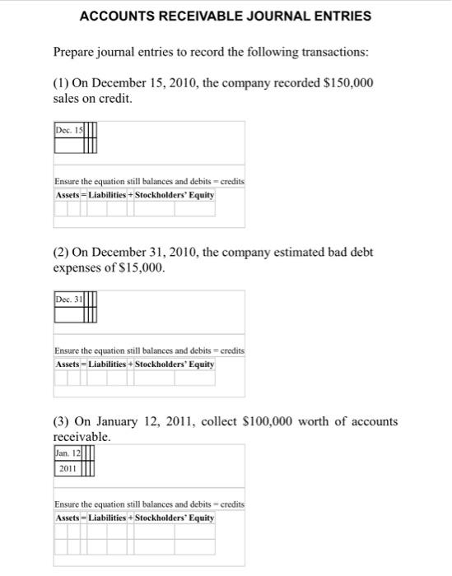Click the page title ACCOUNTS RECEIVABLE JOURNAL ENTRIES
(226, 16)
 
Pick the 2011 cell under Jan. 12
(67, 468)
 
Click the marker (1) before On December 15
(62, 85)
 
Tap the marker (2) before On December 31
(62, 253)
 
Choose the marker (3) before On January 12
(62, 421)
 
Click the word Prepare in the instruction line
(76, 53)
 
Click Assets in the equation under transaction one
(68, 195)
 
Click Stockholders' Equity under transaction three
(175, 518)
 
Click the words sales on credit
(92, 100)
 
